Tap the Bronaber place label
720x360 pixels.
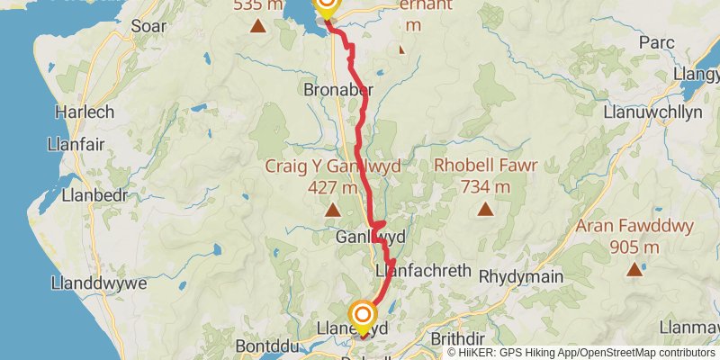[337, 90]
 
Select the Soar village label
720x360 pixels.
[148, 26]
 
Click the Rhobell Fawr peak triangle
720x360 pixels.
[486, 210]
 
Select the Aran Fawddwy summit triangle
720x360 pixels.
[635, 268]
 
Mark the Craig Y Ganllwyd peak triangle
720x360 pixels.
[332, 211]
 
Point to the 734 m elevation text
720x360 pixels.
[486, 187]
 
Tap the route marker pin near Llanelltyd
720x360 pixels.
[363, 314]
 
